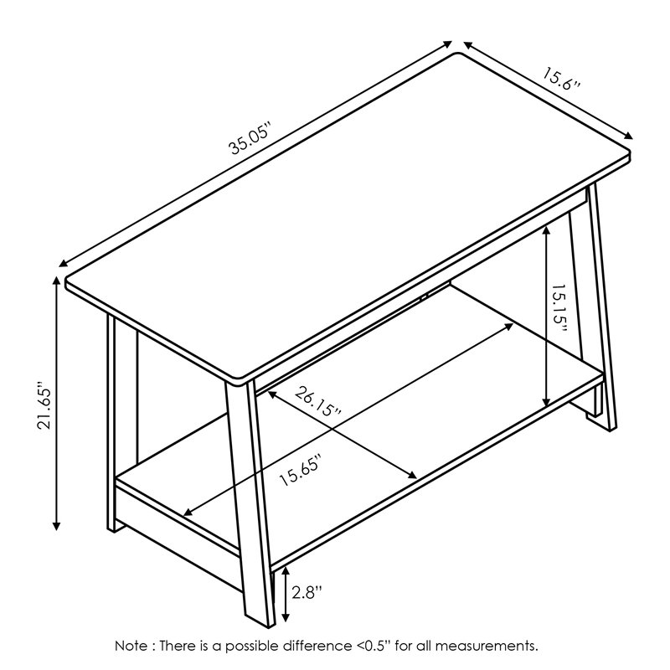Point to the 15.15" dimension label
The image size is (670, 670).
559,309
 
